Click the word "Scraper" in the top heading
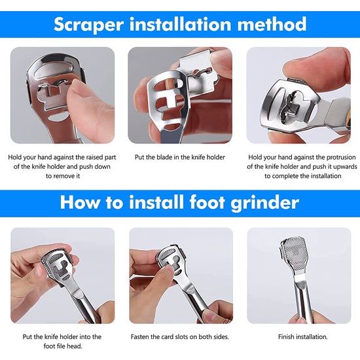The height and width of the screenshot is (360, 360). [89, 25]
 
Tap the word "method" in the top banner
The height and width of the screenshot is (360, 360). [272, 24]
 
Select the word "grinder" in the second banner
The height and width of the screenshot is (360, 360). [265, 203]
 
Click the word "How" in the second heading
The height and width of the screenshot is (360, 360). [80, 202]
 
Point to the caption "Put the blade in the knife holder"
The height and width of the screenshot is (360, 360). [180, 157]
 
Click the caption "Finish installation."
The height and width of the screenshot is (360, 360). [303, 337]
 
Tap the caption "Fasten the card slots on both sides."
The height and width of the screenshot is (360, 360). [180, 337]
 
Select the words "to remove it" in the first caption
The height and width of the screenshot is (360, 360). [63, 176]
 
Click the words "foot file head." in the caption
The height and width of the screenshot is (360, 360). [63, 346]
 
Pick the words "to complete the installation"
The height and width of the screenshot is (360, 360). [303, 176]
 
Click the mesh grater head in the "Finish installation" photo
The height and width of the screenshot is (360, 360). [295, 254]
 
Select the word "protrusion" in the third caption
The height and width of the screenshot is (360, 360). [341, 157]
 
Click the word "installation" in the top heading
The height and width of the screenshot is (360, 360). [180, 24]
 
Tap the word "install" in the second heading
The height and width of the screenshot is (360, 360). [158, 202]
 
